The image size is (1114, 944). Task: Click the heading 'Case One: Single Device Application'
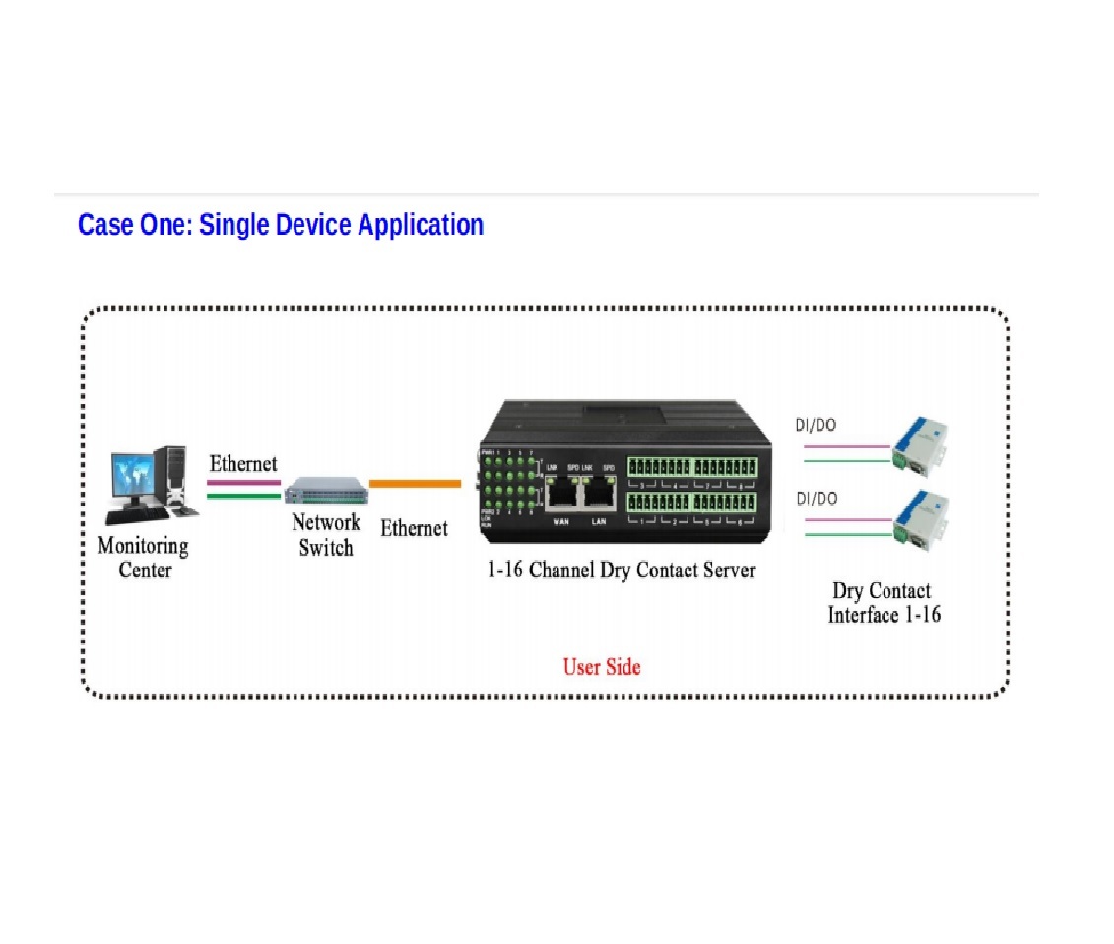[x=281, y=225]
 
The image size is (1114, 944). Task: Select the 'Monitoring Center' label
[x=144, y=558]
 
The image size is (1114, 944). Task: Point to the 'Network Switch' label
[x=326, y=535]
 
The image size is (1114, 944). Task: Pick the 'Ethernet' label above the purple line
[x=243, y=463]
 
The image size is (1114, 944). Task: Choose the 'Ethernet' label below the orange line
[x=414, y=528]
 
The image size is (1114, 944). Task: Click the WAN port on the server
[x=562, y=491]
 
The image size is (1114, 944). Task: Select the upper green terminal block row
[x=692, y=466]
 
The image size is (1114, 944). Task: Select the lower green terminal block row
[x=692, y=503]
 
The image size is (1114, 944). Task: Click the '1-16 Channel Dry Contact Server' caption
[x=622, y=571]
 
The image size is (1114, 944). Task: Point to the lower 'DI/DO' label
[x=817, y=499]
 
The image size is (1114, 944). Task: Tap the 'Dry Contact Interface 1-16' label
[x=883, y=603]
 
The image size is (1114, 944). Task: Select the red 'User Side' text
[x=602, y=667]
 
